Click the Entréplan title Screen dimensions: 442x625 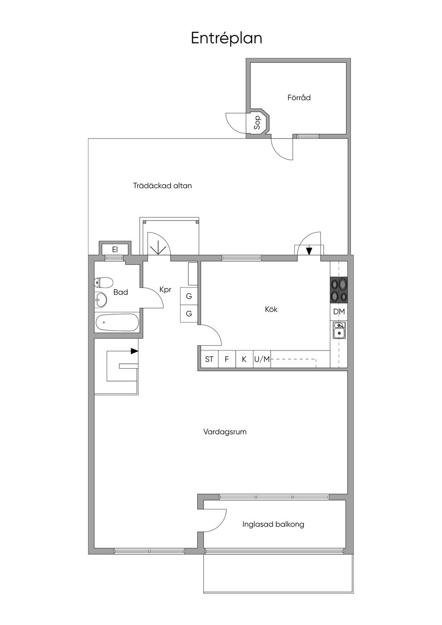(x=226, y=38)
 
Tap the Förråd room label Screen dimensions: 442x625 (x=299, y=98)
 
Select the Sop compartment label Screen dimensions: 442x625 (x=257, y=123)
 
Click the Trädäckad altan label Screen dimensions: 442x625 (x=162, y=186)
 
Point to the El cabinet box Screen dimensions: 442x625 (x=115, y=249)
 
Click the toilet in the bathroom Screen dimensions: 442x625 (x=103, y=282)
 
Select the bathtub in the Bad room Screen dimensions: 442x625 (x=117, y=322)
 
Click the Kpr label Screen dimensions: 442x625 (x=165, y=290)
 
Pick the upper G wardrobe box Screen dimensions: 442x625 (x=189, y=296)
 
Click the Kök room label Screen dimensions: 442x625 (x=271, y=309)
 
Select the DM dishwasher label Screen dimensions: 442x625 (x=339, y=312)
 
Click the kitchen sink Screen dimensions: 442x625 (x=339, y=330)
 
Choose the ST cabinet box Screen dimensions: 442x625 (x=209, y=359)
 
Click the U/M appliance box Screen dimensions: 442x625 (x=262, y=359)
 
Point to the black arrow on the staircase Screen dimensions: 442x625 (x=135, y=351)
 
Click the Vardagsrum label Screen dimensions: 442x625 (x=225, y=432)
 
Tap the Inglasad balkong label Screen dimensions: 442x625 (x=273, y=524)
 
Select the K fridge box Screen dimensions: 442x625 (x=244, y=359)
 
